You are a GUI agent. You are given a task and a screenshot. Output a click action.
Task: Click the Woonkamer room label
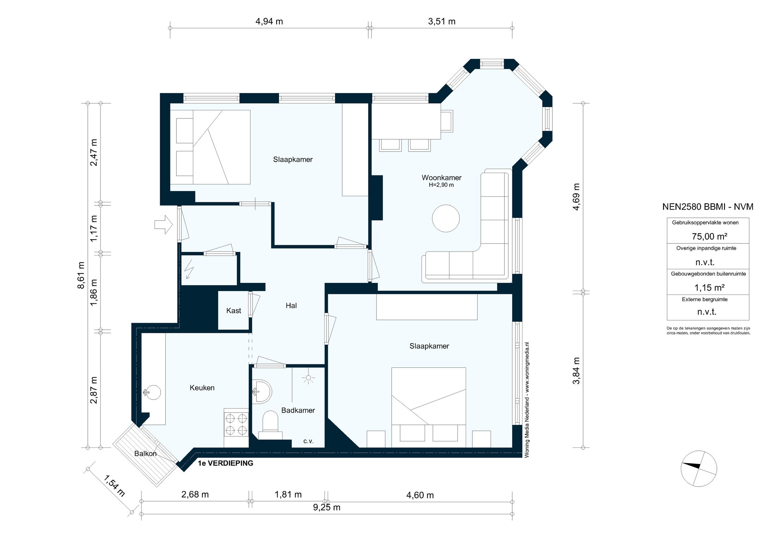click(441, 178)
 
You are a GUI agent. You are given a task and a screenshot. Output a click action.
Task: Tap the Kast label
click(234, 310)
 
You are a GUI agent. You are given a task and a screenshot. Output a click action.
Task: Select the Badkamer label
click(298, 410)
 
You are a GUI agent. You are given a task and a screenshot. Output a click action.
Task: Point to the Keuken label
click(202, 388)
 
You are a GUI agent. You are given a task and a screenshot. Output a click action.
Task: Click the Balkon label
click(145, 453)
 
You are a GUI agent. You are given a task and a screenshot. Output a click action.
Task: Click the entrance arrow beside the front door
click(163, 224)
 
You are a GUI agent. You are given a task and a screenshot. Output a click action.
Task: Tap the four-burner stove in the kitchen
click(236, 424)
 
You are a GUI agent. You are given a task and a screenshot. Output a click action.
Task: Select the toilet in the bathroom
click(271, 425)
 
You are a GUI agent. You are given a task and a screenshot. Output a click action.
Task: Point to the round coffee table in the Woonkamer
click(446, 218)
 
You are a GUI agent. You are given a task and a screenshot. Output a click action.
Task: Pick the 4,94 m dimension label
click(269, 21)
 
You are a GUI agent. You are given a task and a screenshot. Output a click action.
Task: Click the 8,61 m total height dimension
click(81, 275)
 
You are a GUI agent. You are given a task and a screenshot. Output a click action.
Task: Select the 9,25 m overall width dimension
click(327, 507)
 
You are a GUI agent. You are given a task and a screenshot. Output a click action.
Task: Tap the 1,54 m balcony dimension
click(114, 486)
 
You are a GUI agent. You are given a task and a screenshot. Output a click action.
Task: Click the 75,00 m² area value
click(709, 236)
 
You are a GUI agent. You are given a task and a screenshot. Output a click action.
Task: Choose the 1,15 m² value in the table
click(709, 287)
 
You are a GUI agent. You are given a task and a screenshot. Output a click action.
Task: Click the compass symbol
click(699, 469)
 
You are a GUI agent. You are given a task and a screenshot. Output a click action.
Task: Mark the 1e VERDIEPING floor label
click(225, 463)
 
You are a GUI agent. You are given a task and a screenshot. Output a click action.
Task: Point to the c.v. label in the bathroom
click(308, 441)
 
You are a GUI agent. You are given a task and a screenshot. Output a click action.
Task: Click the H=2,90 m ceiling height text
click(441, 185)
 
